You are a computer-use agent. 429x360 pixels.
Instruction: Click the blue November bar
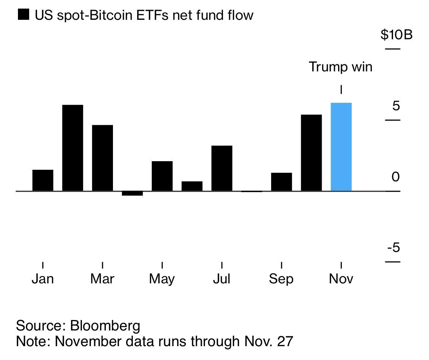point(341,147)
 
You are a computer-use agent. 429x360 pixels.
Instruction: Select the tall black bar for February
point(73,148)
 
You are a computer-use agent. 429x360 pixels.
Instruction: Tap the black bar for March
point(102,158)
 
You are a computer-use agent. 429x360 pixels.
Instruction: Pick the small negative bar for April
point(132,193)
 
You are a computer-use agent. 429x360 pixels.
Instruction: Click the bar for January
point(43,181)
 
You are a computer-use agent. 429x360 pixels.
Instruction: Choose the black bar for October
point(311,153)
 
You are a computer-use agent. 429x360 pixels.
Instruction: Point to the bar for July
point(222,168)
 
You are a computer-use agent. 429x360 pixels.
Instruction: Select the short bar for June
point(192,186)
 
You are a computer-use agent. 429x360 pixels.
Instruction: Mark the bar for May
point(162,176)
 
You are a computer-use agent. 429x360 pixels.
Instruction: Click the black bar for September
point(281,182)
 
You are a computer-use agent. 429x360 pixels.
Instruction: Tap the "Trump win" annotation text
point(340,67)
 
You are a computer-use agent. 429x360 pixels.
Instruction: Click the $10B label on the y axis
point(396,35)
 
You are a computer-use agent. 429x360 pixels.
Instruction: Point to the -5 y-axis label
point(393,247)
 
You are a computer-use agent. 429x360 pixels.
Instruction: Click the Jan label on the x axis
point(43,279)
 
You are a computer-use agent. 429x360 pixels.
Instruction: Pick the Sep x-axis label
point(281,279)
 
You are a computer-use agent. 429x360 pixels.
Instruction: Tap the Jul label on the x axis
point(222,279)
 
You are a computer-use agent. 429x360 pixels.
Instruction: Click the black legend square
point(23,15)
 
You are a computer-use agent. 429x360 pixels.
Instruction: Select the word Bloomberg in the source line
point(105,326)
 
